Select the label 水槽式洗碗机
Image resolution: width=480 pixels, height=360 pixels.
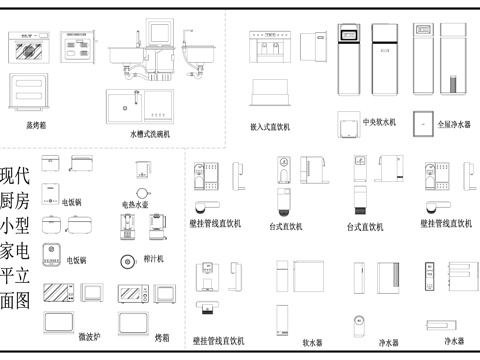[x=150, y=133]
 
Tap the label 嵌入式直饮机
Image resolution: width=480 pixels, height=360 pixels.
[x=269, y=127]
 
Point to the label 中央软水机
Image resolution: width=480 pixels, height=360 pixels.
[x=380, y=123]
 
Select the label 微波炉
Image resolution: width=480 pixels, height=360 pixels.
[x=91, y=337]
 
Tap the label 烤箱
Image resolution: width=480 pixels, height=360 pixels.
[x=163, y=338]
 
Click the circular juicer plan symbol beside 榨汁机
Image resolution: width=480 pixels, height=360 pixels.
[x=126, y=262]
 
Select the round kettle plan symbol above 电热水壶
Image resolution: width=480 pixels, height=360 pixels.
[x=143, y=187]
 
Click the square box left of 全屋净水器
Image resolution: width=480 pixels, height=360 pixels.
[x=422, y=119]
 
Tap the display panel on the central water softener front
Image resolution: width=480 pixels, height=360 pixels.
[x=351, y=36]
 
